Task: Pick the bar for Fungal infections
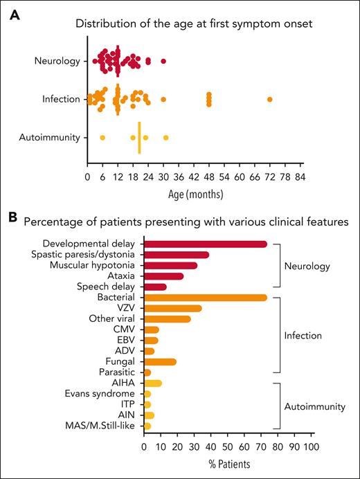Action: point(160,361)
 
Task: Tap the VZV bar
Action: point(172,308)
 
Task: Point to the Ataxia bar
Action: point(163,276)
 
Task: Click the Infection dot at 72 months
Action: point(270,100)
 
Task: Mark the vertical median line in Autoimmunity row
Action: point(140,138)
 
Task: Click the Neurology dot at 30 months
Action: point(163,62)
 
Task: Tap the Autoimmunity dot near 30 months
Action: point(165,138)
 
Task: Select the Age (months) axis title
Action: point(195,193)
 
